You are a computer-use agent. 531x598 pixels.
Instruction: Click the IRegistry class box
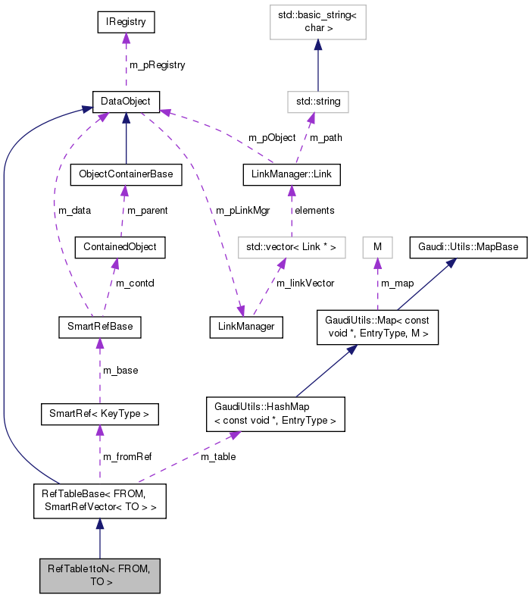[126, 23]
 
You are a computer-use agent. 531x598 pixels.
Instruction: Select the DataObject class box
[126, 101]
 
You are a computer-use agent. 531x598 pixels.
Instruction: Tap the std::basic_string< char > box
[317, 23]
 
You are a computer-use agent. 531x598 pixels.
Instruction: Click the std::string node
[317, 101]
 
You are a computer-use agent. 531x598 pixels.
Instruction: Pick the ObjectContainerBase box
[126, 174]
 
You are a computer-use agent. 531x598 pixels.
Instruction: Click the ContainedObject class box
[120, 247]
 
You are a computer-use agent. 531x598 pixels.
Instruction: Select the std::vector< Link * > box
[291, 247]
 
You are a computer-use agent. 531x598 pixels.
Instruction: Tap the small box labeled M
[377, 247]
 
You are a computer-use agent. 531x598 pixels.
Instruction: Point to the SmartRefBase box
[100, 327]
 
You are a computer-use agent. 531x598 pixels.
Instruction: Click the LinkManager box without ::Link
[245, 327]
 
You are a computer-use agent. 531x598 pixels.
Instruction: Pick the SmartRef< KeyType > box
[100, 414]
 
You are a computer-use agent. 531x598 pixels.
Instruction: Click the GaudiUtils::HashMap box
[275, 414]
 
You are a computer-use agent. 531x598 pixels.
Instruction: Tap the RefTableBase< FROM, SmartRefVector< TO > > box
[100, 501]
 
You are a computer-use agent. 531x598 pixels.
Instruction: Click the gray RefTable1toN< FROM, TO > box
[100, 575]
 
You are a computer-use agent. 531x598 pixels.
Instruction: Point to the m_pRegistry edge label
[157, 65]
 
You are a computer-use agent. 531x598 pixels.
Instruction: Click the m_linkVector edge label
[305, 283]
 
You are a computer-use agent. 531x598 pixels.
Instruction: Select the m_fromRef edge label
[128, 456]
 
